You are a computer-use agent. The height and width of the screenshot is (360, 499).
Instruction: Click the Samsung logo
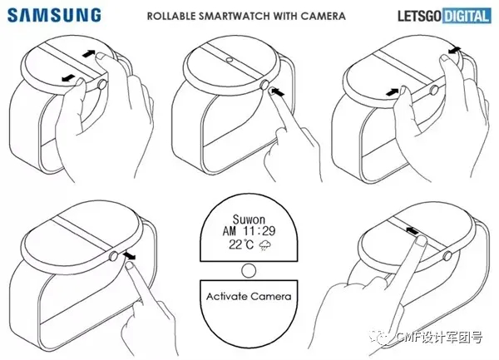[54, 15]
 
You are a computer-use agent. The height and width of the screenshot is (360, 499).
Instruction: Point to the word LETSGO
[420, 17]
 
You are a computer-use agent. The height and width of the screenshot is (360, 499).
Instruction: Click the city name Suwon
[249, 219]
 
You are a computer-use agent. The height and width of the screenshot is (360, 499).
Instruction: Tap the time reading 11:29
[259, 231]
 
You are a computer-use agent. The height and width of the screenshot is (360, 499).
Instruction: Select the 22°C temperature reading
[241, 244]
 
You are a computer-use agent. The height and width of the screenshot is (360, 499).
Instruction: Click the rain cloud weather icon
[264, 245]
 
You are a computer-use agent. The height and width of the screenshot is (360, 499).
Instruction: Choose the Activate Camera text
[249, 296]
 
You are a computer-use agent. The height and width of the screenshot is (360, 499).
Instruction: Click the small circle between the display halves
[249, 271]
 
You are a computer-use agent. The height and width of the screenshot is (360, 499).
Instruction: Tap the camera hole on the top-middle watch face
[229, 60]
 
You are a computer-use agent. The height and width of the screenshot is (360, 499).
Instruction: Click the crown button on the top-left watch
[102, 85]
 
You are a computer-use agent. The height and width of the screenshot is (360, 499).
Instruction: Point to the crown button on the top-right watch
[434, 91]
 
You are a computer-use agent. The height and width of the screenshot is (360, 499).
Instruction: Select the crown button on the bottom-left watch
[114, 256]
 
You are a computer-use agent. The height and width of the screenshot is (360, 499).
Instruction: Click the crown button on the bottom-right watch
[447, 256]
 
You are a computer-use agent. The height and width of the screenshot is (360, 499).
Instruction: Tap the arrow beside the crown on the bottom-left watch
[129, 255]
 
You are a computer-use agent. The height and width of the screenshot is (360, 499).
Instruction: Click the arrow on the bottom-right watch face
[412, 230]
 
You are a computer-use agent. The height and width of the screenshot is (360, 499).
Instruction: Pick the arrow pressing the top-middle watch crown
[278, 92]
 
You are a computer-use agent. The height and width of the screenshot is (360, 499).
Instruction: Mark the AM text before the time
[230, 231]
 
